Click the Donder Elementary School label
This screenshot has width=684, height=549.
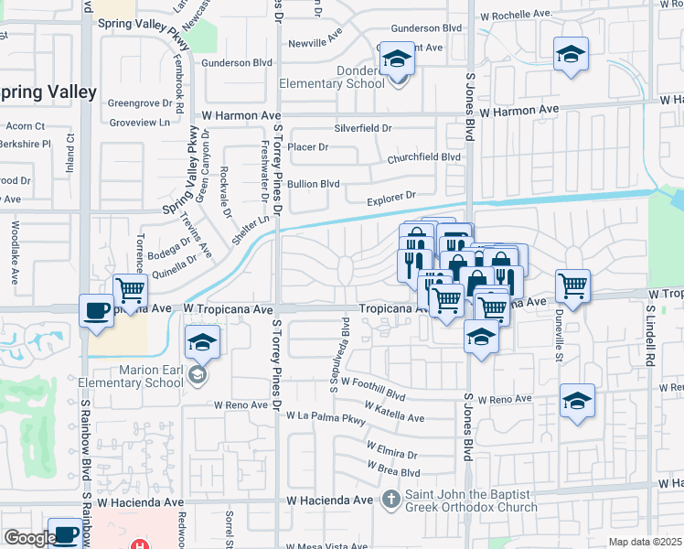[346, 78]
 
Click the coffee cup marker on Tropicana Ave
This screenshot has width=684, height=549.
[96, 310]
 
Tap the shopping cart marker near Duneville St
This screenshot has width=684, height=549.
[572, 285]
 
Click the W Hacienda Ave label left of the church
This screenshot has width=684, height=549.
[330, 501]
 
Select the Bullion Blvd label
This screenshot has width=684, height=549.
[314, 184]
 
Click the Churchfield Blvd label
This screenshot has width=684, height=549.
[423, 156]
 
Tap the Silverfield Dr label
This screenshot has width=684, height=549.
[362, 129]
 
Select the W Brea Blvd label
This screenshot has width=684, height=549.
[393, 469]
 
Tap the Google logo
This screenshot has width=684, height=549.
[30, 538]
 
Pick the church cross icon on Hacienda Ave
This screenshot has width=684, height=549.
[391, 500]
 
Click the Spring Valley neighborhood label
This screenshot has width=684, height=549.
[48, 92]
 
